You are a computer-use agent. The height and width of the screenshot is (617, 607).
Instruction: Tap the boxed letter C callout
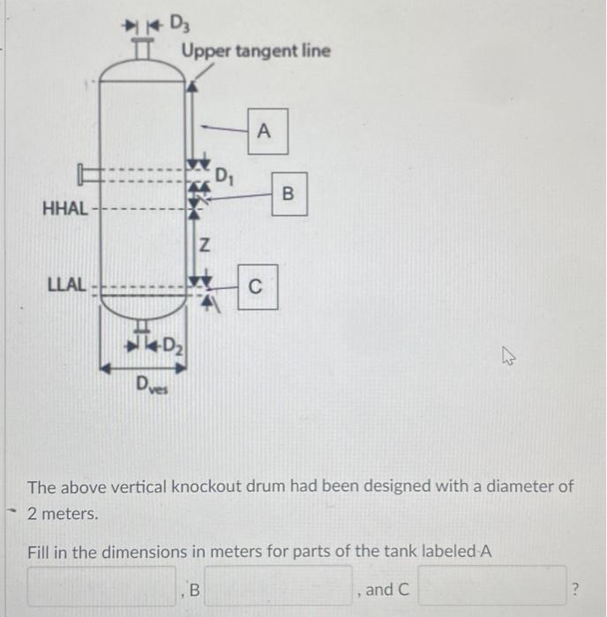click(257, 286)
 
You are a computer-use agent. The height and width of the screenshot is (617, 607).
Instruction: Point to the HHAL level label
click(64, 210)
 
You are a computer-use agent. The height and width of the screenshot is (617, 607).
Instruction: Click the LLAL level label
click(66, 286)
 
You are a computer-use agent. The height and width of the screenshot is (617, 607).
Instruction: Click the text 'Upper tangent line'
click(256, 50)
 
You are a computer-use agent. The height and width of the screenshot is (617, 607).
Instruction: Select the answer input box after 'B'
click(279, 587)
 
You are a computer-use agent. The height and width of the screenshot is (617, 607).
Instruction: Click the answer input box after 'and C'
click(491, 587)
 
